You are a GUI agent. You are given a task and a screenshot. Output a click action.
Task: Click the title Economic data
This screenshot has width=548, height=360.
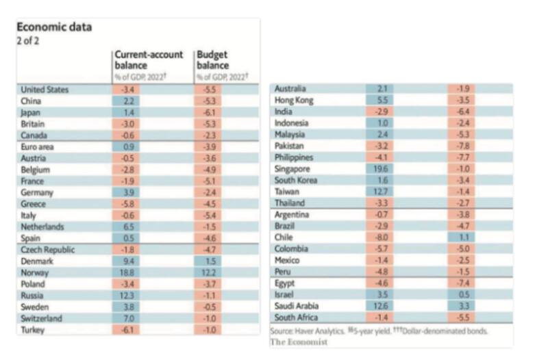pyautogui.click(x=53, y=27)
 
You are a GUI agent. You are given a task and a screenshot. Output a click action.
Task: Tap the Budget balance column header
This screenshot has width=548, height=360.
pyautogui.click(x=212, y=60)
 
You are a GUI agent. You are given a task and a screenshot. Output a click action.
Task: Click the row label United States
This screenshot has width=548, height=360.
pyautogui.click(x=45, y=90)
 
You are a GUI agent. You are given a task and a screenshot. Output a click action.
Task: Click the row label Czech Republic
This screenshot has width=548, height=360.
pyautogui.click(x=48, y=250)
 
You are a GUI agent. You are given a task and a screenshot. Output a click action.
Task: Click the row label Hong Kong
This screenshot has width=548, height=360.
pyautogui.click(x=294, y=100)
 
